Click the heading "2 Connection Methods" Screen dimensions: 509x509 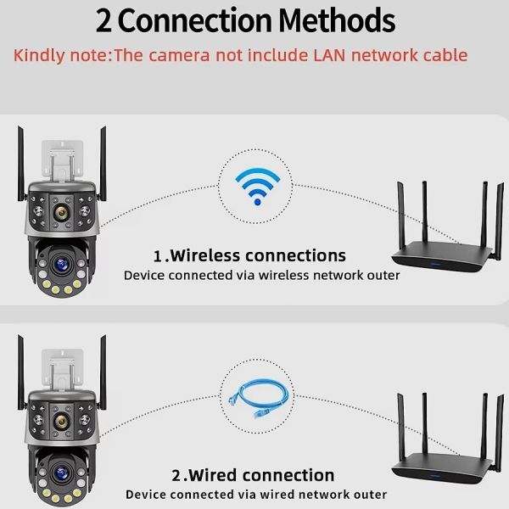[245, 20]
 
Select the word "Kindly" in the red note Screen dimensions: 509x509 [38, 56]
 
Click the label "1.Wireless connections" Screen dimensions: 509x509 [249, 255]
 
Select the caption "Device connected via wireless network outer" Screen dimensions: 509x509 [261, 276]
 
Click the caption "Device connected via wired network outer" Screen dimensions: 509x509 [256, 495]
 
